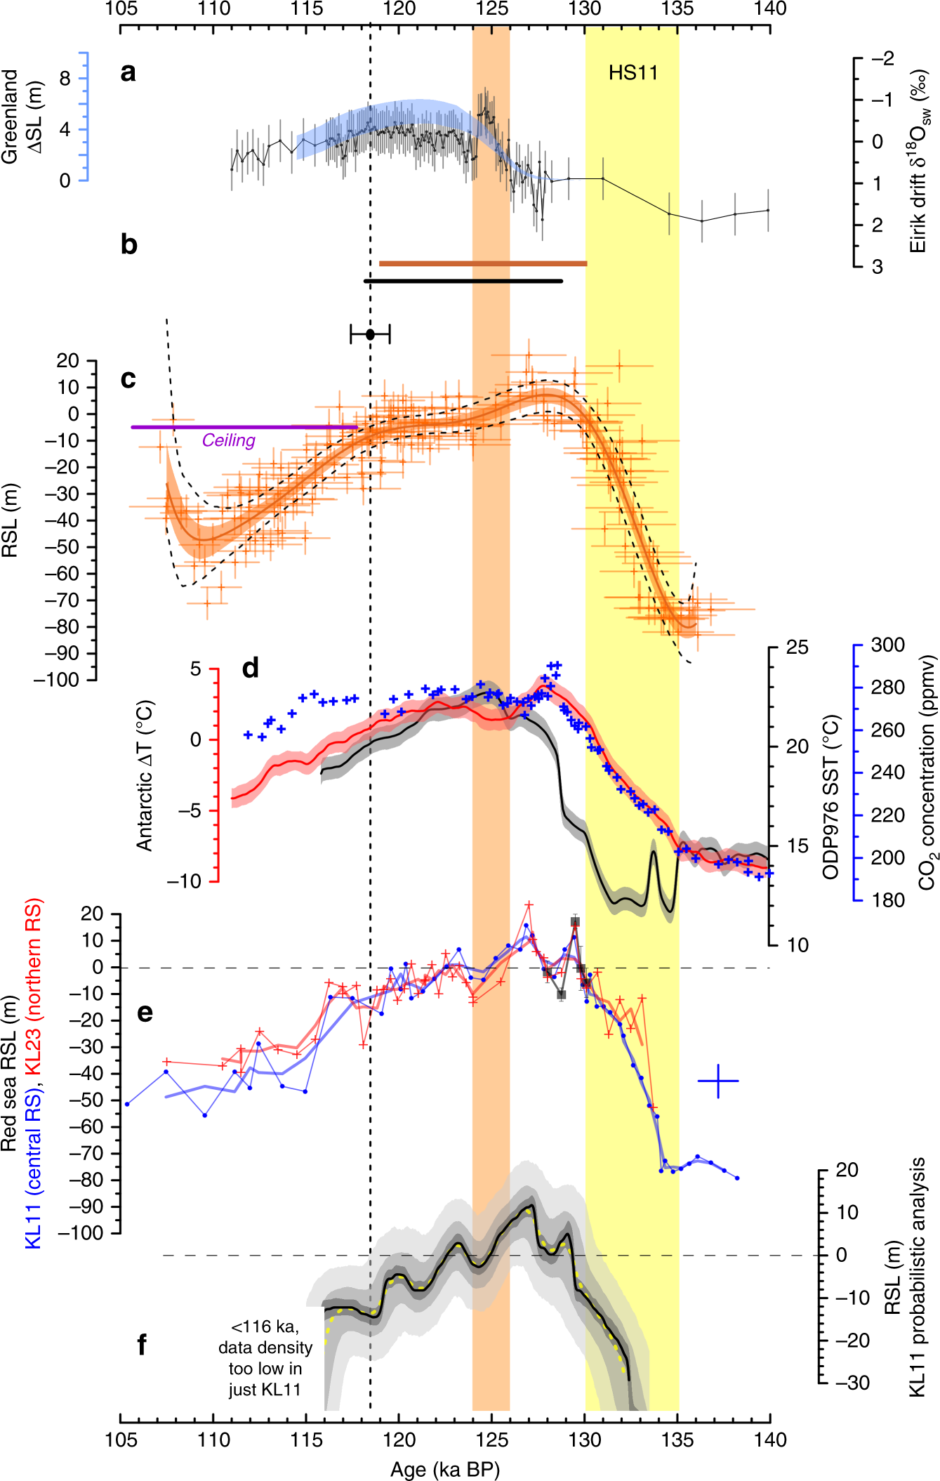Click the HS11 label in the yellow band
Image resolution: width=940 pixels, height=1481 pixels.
pos(633,73)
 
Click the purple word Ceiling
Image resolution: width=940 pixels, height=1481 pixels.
pos(228,440)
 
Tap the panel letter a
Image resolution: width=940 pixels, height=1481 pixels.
pos(128,72)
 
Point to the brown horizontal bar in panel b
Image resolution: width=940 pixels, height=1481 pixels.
pos(482,263)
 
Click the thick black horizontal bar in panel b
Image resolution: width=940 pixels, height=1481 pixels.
pos(463,281)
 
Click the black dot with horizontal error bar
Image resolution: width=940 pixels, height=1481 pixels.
pos(370,334)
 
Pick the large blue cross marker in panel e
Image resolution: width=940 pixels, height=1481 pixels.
pos(717,1081)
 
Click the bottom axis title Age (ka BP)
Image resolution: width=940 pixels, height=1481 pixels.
pos(444,1468)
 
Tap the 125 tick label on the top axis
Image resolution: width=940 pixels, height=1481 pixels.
pos(491,9)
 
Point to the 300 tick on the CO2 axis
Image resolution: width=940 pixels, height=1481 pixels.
pos(887,645)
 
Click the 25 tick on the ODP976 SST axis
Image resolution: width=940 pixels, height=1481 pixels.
pos(797,647)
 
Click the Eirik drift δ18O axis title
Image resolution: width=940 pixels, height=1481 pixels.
pos(920,161)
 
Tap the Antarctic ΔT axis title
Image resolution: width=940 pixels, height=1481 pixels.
pos(145,775)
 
